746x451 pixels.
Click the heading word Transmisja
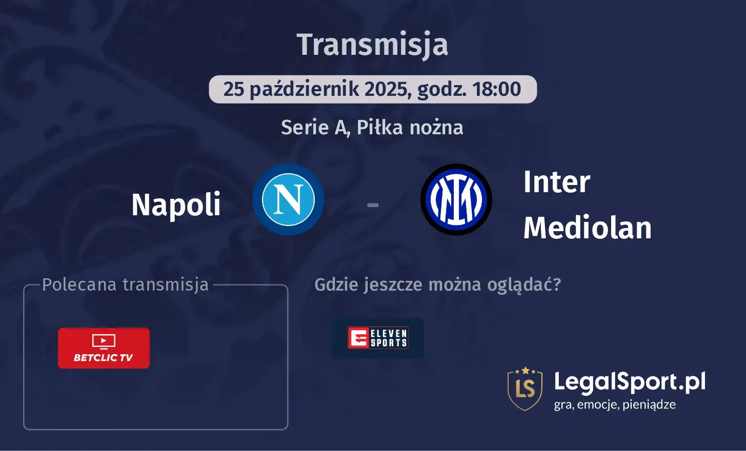pos(372,45)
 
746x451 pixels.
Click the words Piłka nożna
pos(410,127)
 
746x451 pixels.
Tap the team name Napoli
pos(176,204)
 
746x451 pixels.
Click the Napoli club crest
pos(288,199)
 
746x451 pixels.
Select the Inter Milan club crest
pos(456,199)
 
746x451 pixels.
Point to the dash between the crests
pos(373,205)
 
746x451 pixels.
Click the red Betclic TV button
pos(104,348)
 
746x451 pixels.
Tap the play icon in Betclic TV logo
pos(104,341)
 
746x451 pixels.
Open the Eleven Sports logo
pos(378,338)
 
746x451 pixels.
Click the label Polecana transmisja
pos(125,285)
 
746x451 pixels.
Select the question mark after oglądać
pos(557,284)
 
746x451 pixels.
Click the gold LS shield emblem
pos(525,389)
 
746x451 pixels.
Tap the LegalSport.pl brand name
pos(630,382)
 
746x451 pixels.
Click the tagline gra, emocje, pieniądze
pos(615,405)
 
